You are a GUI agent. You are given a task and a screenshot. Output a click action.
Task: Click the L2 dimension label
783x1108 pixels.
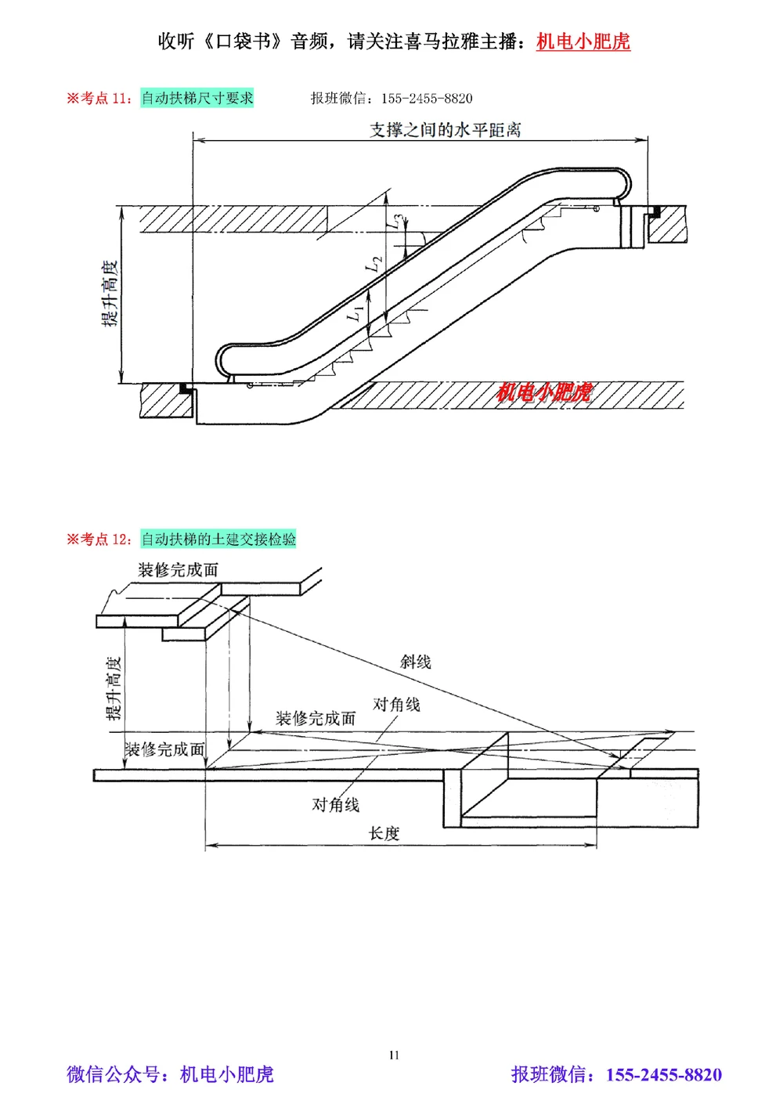click(375, 265)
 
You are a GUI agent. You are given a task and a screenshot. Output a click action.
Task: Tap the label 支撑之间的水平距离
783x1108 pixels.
click(445, 130)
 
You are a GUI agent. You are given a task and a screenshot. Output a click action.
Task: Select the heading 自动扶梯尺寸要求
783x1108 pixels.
click(197, 98)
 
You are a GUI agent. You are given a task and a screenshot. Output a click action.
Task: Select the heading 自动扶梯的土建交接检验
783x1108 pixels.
click(218, 539)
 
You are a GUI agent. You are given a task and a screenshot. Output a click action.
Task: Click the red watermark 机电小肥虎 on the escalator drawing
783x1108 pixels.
click(544, 392)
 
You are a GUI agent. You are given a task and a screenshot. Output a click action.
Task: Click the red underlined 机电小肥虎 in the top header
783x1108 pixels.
click(583, 42)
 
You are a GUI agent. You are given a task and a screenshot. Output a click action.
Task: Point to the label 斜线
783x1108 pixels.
click(416, 662)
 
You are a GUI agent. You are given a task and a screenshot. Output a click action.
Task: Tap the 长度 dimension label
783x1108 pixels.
click(384, 833)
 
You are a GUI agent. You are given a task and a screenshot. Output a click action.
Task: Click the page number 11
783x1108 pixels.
click(394, 1055)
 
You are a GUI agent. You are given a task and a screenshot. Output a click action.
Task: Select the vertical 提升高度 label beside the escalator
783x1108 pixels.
click(110, 294)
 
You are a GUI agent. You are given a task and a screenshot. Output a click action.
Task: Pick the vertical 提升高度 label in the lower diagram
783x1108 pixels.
click(114, 688)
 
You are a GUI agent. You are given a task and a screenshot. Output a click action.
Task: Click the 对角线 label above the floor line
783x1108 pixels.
click(396, 705)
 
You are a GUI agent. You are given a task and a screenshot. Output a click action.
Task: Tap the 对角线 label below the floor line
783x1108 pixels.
click(336, 804)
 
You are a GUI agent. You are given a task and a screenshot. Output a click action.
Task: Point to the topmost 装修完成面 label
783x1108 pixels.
click(179, 569)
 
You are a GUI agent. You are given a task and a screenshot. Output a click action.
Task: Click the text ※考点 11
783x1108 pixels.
click(99, 98)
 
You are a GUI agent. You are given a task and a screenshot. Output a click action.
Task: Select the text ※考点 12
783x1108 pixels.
click(99, 539)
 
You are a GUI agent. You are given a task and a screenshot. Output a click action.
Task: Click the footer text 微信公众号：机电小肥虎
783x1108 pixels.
click(170, 1074)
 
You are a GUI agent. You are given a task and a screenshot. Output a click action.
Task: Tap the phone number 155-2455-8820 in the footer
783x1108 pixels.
click(664, 1074)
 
